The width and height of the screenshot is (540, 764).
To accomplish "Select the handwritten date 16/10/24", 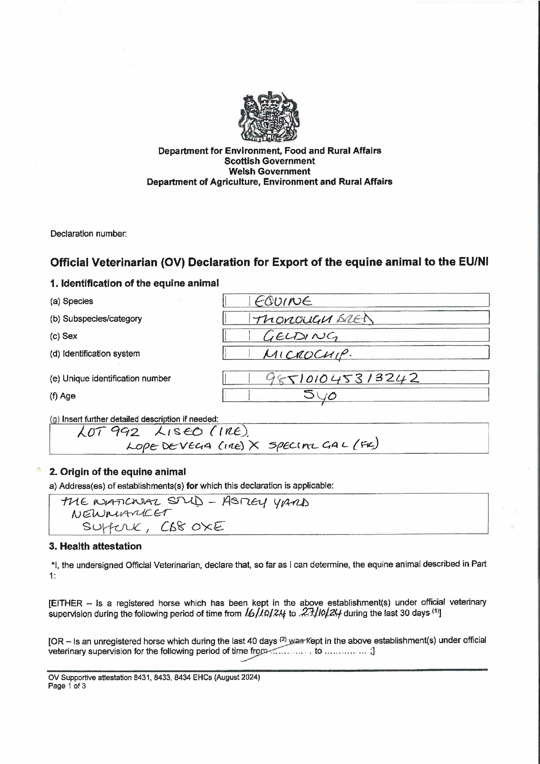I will tap(265, 613).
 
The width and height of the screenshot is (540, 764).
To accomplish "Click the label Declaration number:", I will tap(88, 234).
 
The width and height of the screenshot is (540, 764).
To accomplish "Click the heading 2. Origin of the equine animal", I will tap(118, 472).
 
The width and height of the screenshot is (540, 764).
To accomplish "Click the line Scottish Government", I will tap(270, 161).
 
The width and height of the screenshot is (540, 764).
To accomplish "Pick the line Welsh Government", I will tap(270, 171).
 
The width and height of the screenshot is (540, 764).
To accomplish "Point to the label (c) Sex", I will tap(64, 336).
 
